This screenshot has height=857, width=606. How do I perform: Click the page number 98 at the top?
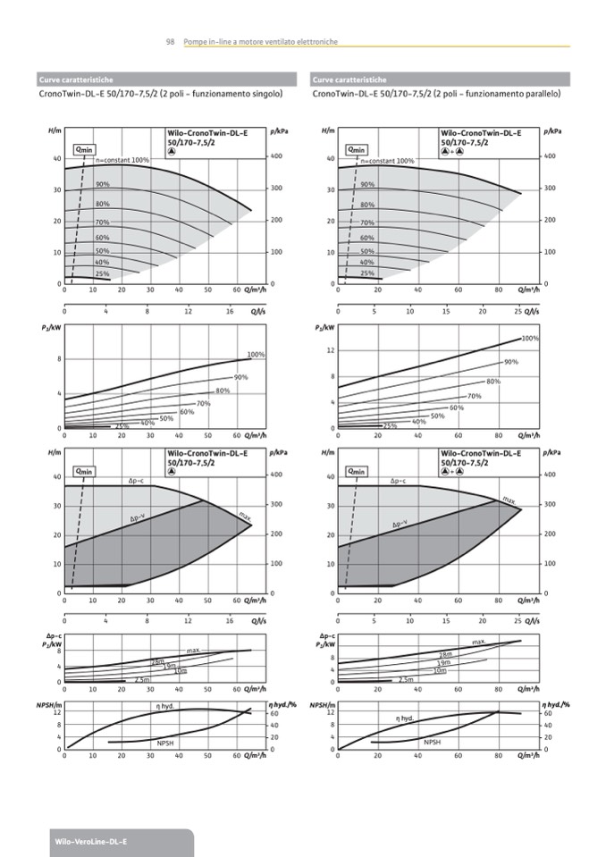coord(170,42)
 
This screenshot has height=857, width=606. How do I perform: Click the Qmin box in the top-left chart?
coord(83,149)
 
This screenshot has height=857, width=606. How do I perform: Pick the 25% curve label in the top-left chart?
coord(102,273)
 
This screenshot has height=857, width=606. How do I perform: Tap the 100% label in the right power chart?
coord(529,339)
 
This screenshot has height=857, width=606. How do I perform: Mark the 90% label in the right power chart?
coord(511,362)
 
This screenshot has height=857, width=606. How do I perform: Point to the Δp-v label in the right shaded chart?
coord(399,523)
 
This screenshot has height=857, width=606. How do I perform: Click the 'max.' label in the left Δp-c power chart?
coord(193,650)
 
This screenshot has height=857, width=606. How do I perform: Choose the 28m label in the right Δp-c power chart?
coord(445,655)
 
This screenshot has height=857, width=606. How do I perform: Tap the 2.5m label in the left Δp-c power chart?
coord(140,680)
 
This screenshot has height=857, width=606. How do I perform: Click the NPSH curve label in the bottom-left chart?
coord(165,743)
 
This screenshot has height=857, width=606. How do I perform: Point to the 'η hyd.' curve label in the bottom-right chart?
coord(405,718)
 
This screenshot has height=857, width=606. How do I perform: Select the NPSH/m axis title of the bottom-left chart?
coord(47,706)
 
